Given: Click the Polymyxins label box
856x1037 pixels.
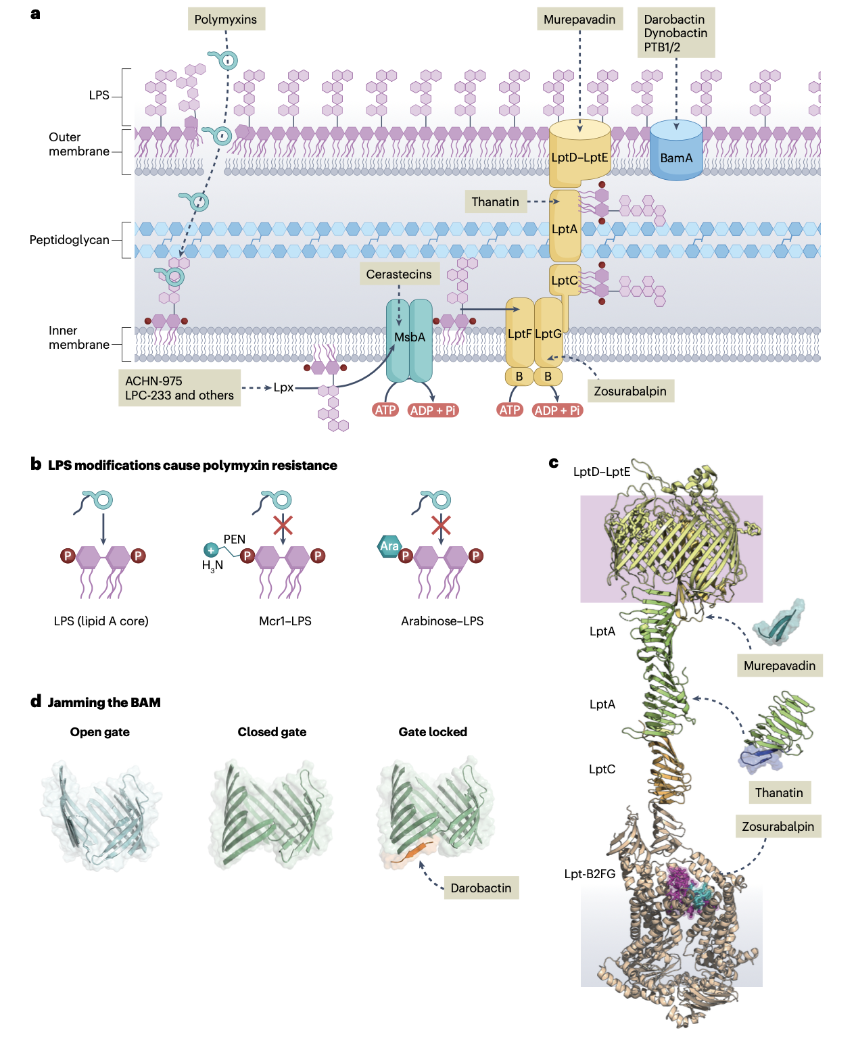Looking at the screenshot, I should pos(226,20).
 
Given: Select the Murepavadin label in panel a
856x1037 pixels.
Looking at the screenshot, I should pos(579,20).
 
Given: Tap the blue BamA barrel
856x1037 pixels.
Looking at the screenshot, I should pos(676,152).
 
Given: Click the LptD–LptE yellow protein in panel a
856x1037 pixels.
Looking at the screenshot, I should pos(579,155).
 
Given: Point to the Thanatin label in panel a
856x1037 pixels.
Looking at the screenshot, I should pos(496,201).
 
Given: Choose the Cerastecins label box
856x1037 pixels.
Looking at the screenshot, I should pos(399,274).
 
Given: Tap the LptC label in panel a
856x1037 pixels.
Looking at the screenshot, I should pos(565,280).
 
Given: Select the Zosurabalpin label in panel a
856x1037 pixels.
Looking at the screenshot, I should pos(630,391).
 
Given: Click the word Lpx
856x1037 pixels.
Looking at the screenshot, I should pos(283,387).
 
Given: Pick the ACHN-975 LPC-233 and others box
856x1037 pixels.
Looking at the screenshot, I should pos(180,388).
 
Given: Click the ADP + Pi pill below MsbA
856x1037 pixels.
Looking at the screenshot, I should pos(433,410).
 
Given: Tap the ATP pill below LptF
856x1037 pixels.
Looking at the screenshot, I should pos(510,410).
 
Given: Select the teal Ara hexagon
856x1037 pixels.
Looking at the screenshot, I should pos(389,546).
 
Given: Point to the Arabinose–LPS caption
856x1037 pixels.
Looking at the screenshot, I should pos(442,621).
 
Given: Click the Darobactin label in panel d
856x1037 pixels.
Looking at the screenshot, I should pos(481,888).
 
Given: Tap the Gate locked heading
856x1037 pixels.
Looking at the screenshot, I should pos(433,731).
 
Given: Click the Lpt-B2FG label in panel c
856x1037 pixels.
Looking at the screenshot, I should pos(590,873).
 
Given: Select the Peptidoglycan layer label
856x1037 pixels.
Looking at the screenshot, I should pos(69,240).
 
